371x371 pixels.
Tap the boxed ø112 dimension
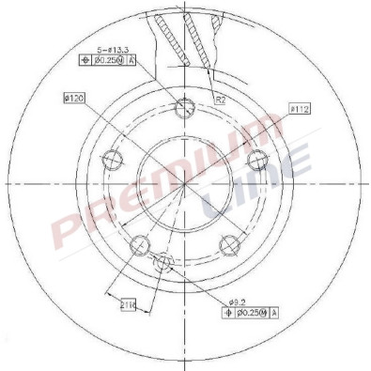pyautogui.click(x=298, y=109)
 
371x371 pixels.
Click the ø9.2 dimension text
pyautogui.click(x=239, y=301)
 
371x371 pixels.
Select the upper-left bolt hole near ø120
pyautogui.click(x=113, y=156)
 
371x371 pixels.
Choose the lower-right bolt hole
pyautogui.click(x=228, y=245)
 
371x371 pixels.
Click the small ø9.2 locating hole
pyautogui.click(x=165, y=262)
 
